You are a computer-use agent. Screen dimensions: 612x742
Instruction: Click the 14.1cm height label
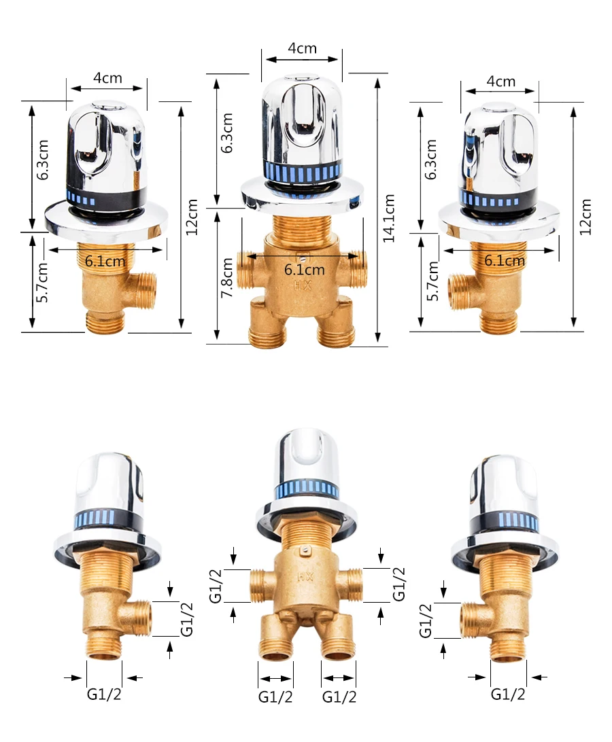[x=389, y=218]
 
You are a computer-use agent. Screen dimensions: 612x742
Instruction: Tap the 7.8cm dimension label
[x=227, y=277]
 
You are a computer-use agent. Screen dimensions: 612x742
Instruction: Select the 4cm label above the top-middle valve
[x=302, y=48]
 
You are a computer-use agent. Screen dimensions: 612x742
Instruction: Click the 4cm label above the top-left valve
[x=107, y=77]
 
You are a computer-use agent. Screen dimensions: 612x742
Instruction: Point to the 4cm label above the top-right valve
[x=500, y=82]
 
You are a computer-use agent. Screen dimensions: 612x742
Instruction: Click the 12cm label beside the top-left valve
[x=191, y=217]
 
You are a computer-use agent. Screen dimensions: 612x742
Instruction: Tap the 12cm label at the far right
[x=585, y=217]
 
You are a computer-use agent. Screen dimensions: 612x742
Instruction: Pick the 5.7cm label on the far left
[x=42, y=282]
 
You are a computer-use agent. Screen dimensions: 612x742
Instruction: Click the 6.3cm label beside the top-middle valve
[x=227, y=133]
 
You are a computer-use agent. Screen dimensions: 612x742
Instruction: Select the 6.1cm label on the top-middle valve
[x=305, y=270]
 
